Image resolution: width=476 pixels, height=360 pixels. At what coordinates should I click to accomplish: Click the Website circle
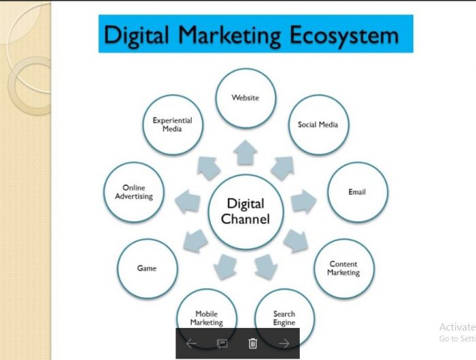pos(245,98)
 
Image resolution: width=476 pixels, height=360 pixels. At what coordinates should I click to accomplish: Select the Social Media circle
pos(318,125)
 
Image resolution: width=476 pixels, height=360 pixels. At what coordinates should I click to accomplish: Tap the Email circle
pos(357,192)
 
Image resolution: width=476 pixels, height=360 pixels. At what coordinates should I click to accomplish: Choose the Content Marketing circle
pos(343,269)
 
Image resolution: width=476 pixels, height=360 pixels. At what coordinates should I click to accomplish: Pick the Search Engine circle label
pos(284,318)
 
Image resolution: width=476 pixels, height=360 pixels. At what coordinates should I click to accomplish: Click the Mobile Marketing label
pos(207,318)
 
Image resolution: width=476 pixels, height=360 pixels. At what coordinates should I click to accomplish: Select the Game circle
pos(148,269)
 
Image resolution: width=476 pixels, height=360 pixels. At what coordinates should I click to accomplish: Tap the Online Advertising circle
pos(134,192)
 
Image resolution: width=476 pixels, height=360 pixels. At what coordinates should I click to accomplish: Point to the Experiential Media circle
pos(173,125)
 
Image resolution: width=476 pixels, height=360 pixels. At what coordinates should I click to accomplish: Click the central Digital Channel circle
pos(245,212)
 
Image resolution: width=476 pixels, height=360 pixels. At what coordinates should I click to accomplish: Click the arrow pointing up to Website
pos(245,152)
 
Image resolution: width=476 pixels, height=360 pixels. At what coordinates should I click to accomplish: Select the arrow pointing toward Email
pos(303,201)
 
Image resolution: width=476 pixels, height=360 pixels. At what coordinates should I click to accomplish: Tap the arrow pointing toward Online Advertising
pos(188,201)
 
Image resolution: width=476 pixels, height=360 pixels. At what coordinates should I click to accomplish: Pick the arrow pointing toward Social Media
pos(283,168)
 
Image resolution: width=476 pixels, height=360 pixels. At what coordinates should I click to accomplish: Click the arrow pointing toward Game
pos(196,241)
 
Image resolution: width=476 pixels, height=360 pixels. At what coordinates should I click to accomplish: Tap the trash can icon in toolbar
pos(253,343)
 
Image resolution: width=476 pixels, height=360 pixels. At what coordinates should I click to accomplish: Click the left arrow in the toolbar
pos(191,344)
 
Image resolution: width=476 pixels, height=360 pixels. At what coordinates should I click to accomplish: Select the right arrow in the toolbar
pos(284,344)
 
